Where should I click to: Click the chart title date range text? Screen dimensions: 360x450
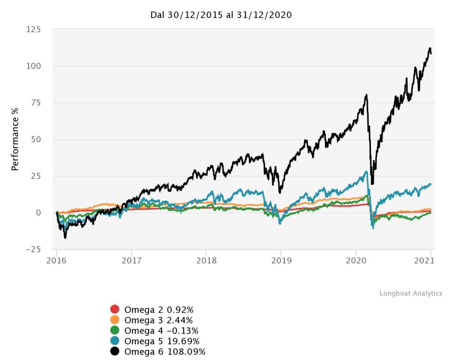(x=221, y=15)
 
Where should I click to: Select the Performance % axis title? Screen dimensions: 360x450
(x=15, y=139)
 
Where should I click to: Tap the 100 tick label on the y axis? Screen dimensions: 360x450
(x=34, y=66)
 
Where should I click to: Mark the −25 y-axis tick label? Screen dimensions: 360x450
(x=32, y=249)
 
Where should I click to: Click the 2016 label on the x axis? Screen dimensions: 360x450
(x=57, y=260)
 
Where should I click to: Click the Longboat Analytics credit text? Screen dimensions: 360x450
(x=411, y=293)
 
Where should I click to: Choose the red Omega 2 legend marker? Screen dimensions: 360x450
(x=115, y=310)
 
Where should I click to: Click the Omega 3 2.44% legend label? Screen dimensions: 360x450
(x=159, y=320)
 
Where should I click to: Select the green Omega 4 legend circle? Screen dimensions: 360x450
(x=115, y=331)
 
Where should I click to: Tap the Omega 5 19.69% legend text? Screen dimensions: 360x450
(x=162, y=341)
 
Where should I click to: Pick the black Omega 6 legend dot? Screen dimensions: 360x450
(x=115, y=352)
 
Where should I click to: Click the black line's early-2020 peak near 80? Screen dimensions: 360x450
(x=366, y=95)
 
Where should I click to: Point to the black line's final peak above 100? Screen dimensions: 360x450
(x=429, y=48)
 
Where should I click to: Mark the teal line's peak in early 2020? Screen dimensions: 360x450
(x=366, y=171)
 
